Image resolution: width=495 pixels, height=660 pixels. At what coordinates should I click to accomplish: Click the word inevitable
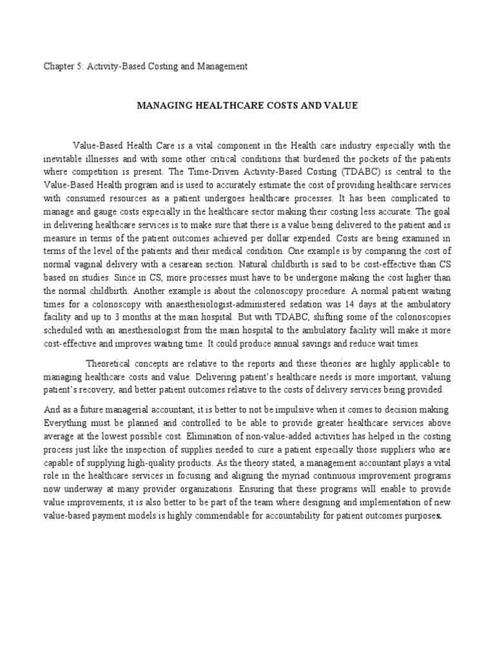[66, 159]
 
